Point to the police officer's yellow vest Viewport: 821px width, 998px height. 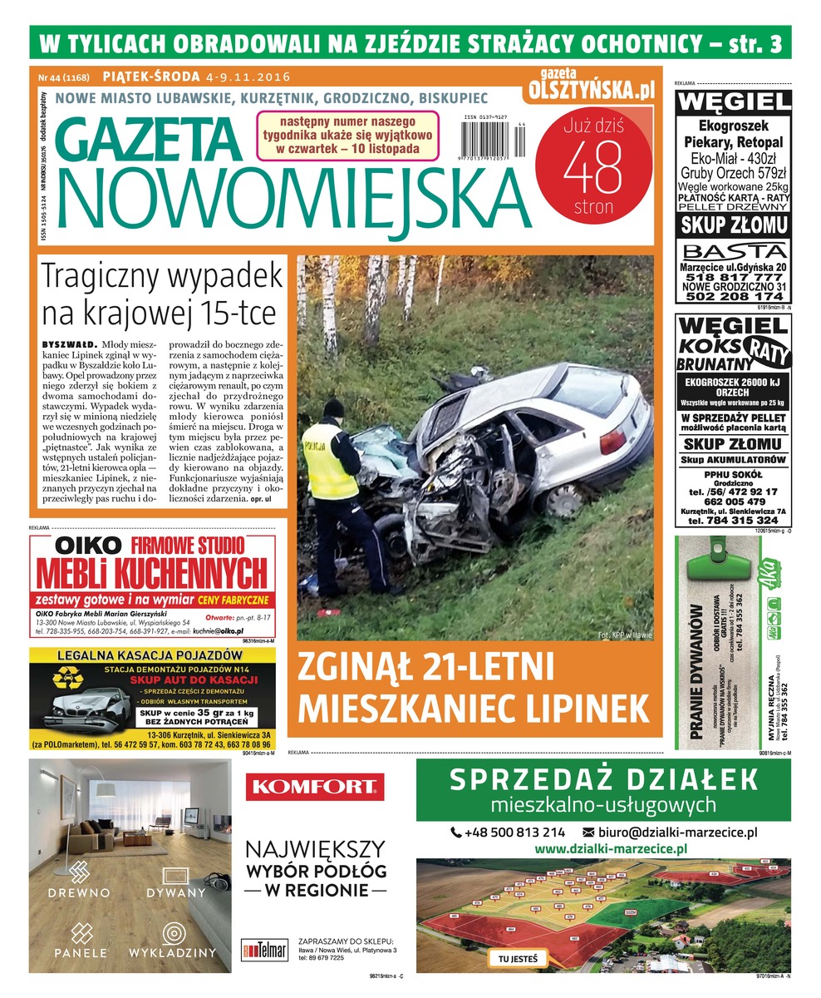[x=329, y=462]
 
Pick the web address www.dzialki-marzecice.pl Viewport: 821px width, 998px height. [x=610, y=849]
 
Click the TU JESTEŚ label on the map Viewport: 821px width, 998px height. [x=518, y=959]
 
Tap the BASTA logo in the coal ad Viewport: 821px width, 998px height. [x=732, y=251]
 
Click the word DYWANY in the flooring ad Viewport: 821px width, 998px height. [x=175, y=892]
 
